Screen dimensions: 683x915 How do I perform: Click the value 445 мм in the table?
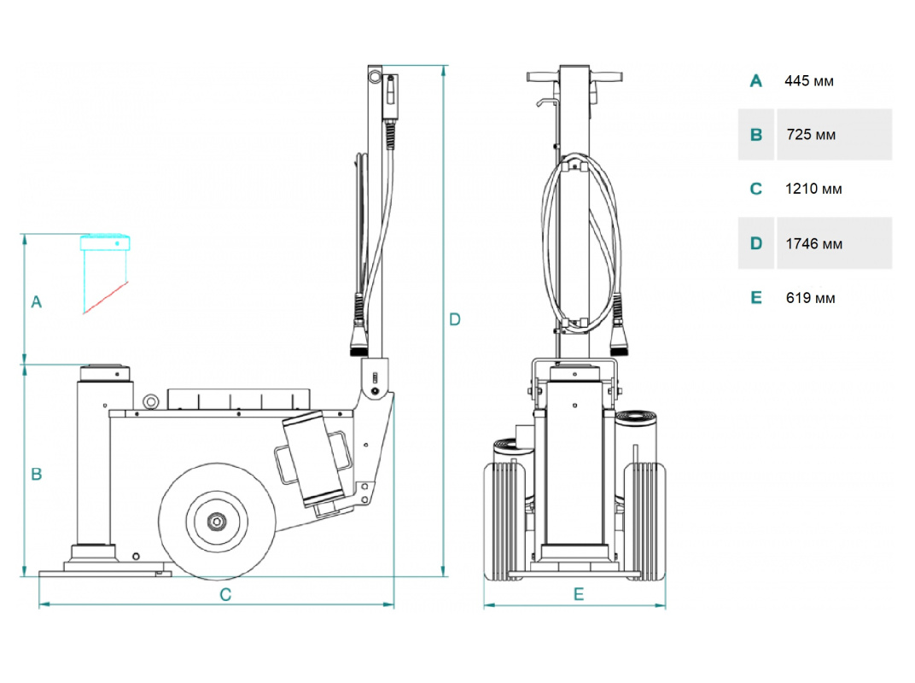pos(809,81)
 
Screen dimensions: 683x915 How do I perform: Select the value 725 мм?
pos(811,135)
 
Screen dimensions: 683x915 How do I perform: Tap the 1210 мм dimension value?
pos(813,189)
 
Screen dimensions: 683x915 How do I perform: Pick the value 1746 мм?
pos(813,243)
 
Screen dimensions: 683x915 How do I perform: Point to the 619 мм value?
pos(811,298)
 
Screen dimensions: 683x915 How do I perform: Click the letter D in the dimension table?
pos(755,243)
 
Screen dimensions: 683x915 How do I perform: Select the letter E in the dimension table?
pos(755,298)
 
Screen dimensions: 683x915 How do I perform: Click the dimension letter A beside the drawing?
pos(36,301)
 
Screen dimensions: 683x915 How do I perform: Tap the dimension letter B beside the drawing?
pos(36,474)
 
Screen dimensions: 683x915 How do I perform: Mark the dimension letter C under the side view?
pos(225,595)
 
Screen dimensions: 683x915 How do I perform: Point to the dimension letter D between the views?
pos(455,319)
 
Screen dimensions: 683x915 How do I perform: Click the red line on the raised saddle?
pos(106,296)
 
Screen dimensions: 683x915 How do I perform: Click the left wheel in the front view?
pos(502,521)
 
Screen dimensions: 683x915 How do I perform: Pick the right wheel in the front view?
pos(646,521)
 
